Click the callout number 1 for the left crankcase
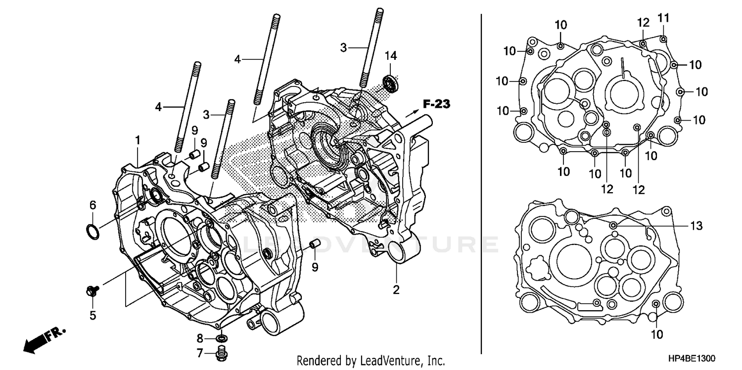coord(138,141)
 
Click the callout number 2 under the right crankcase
coord(396,290)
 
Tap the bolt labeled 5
coord(92,291)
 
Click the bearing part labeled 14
coord(390,83)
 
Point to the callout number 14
coord(390,55)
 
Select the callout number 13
coord(696,226)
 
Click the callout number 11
coord(663,18)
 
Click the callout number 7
coord(200,353)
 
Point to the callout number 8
coord(200,338)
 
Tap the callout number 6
coord(92,205)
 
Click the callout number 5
coord(93,315)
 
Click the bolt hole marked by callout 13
coord(614,225)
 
